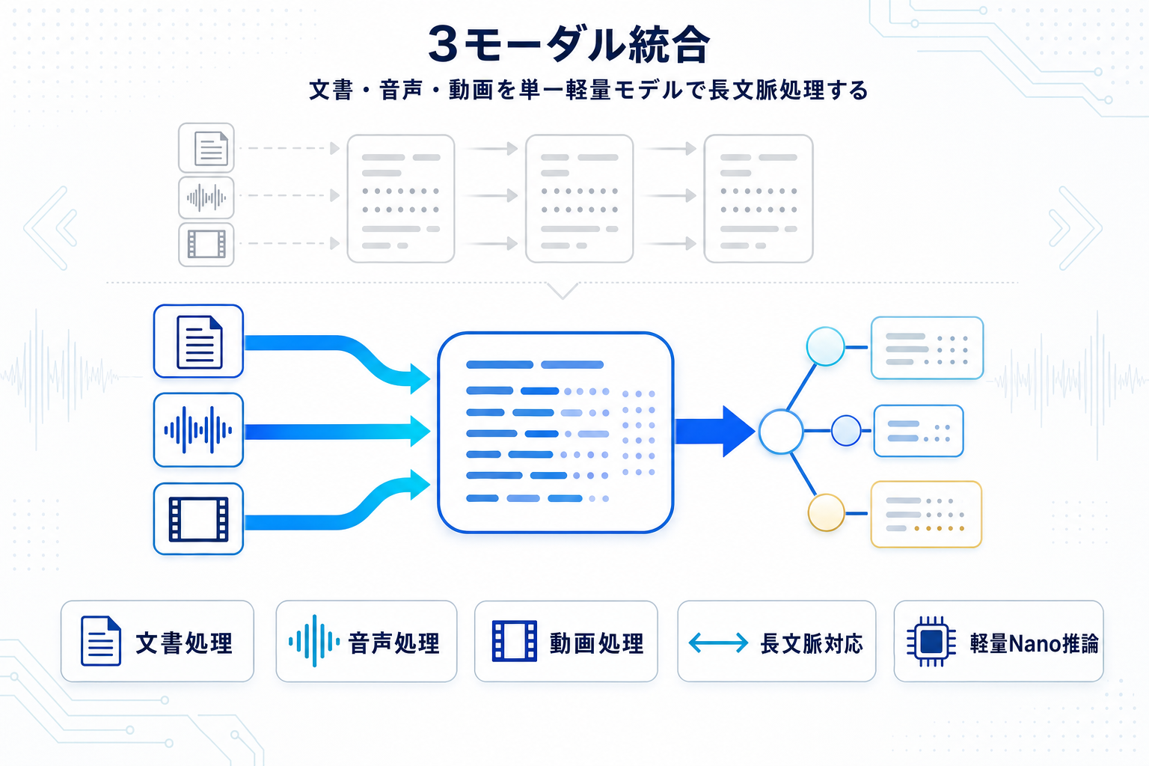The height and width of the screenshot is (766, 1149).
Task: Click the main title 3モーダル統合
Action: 569,44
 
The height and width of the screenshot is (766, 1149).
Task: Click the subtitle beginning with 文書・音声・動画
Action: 589,91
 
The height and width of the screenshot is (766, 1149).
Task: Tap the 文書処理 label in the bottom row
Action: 184,643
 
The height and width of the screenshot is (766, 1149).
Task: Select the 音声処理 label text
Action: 394,643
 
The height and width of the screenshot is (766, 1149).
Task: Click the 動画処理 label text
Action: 596,643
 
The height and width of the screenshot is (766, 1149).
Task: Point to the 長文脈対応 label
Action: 812,643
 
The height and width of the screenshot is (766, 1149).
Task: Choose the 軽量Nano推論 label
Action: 1034,643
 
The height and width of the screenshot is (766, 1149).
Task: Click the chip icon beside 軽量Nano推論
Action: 931,641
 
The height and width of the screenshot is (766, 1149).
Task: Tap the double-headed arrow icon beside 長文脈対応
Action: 718,643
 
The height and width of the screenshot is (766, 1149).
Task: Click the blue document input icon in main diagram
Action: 199,342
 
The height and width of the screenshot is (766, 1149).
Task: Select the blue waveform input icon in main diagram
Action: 198,430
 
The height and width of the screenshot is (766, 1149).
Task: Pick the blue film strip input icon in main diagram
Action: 198,519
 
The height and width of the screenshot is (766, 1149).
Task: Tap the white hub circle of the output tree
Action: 781,432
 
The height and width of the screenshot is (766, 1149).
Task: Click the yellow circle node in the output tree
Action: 826,513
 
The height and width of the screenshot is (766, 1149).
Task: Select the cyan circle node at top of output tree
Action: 825,347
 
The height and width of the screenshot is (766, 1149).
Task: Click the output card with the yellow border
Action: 926,515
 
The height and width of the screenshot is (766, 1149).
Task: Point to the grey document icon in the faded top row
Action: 207,148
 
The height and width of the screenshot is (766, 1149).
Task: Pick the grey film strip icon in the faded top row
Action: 206,244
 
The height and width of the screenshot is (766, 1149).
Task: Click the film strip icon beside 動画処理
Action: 514,641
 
